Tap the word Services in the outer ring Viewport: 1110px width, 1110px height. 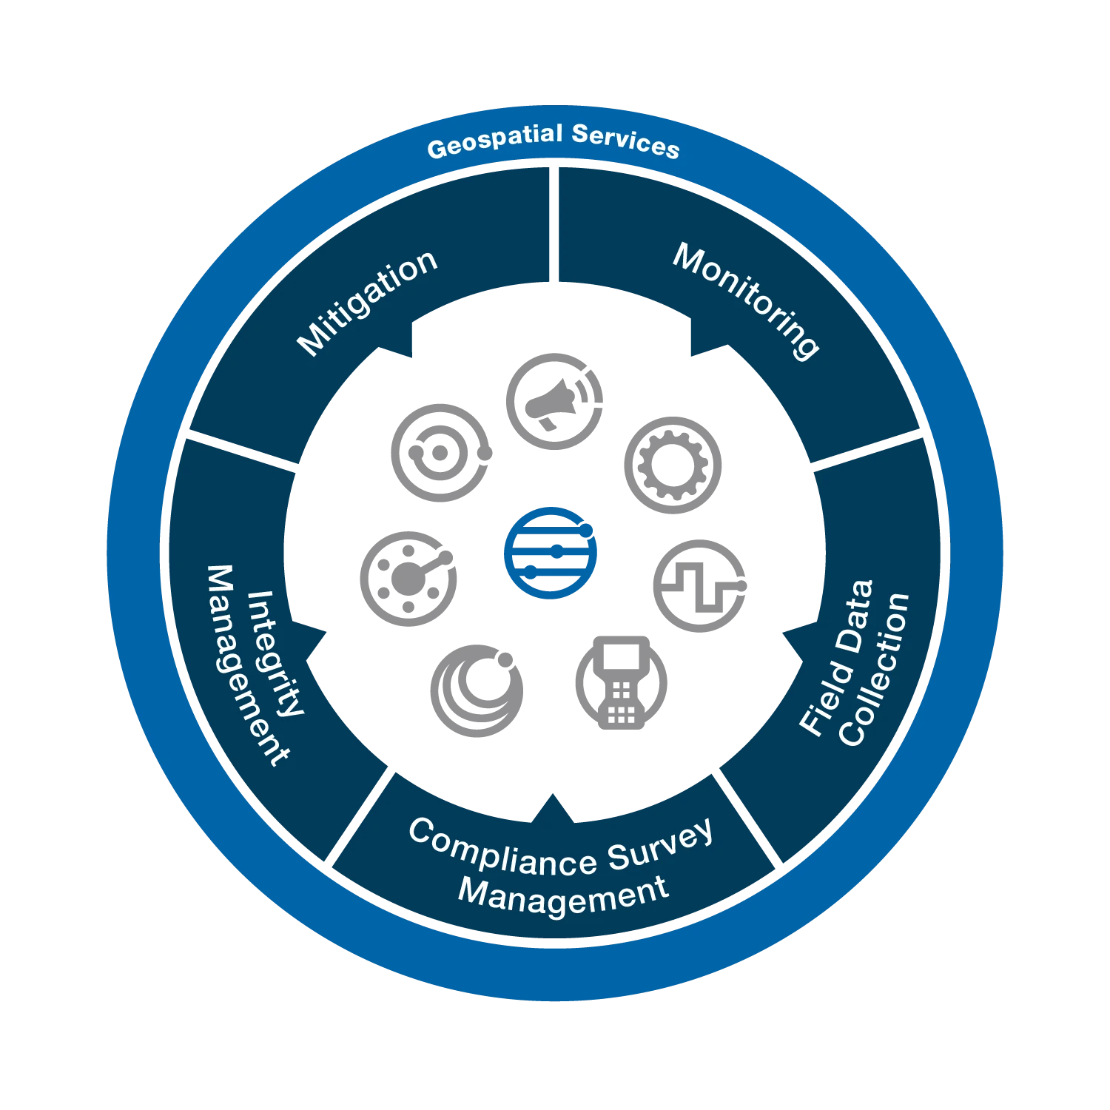[625, 141]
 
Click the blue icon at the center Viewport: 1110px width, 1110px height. [550, 553]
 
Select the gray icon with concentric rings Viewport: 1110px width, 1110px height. [442, 452]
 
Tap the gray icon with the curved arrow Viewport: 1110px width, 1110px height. [553, 400]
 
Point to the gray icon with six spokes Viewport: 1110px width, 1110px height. [407, 578]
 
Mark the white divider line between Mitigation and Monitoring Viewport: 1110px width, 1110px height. [553, 226]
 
